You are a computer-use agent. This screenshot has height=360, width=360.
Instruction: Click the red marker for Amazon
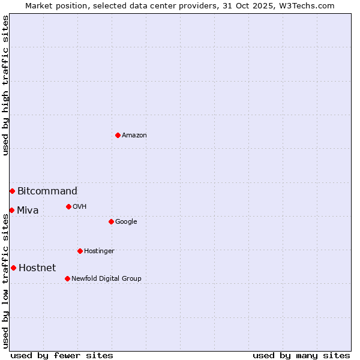point(118,135)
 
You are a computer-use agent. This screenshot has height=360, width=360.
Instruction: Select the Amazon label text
point(134,136)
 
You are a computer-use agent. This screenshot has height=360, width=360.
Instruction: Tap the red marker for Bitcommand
point(12,191)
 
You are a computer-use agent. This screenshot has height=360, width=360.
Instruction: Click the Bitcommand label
point(47,191)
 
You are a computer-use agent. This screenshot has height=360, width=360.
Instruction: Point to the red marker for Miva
point(11,210)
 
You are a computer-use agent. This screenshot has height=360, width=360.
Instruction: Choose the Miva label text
point(28,211)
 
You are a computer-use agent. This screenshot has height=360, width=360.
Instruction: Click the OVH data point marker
point(68,206)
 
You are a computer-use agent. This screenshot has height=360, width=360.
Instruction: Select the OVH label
point(80,207)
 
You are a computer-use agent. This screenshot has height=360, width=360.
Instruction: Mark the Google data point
point(111,221)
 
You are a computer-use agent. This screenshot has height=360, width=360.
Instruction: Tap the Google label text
point(126,222)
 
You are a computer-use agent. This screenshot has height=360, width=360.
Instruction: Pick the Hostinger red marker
point(80,251)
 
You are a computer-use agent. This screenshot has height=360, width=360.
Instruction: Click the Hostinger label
point(99,251)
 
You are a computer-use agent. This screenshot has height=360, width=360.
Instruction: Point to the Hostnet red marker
point(13,268)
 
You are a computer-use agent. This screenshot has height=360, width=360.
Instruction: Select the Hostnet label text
point(37,268)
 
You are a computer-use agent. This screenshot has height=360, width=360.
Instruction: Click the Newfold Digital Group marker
point(67,278)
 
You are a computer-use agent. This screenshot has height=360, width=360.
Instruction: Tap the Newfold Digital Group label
point(106,279)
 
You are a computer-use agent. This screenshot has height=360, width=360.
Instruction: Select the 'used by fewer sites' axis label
point(62,355)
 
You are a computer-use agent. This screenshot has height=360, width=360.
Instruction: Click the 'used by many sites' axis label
point(301,355)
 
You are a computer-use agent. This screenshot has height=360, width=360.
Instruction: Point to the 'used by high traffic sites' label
point(5,85)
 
